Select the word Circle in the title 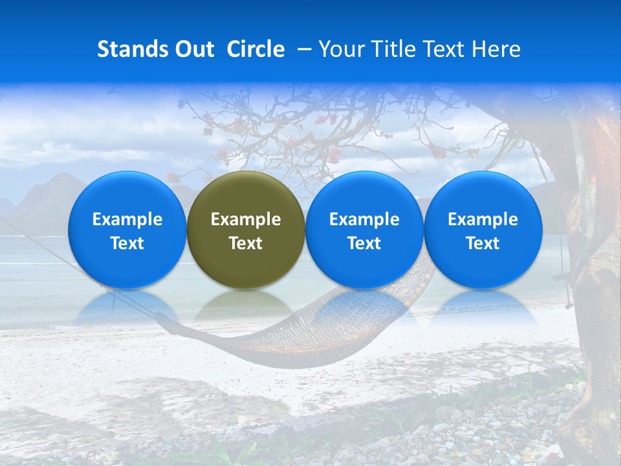click(x=256, y=49)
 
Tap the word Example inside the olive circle click(x=245, y=219)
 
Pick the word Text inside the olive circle click(x=245, y=243)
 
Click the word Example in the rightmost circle click(x=483, y=219)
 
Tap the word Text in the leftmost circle click(x=127, y=243)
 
